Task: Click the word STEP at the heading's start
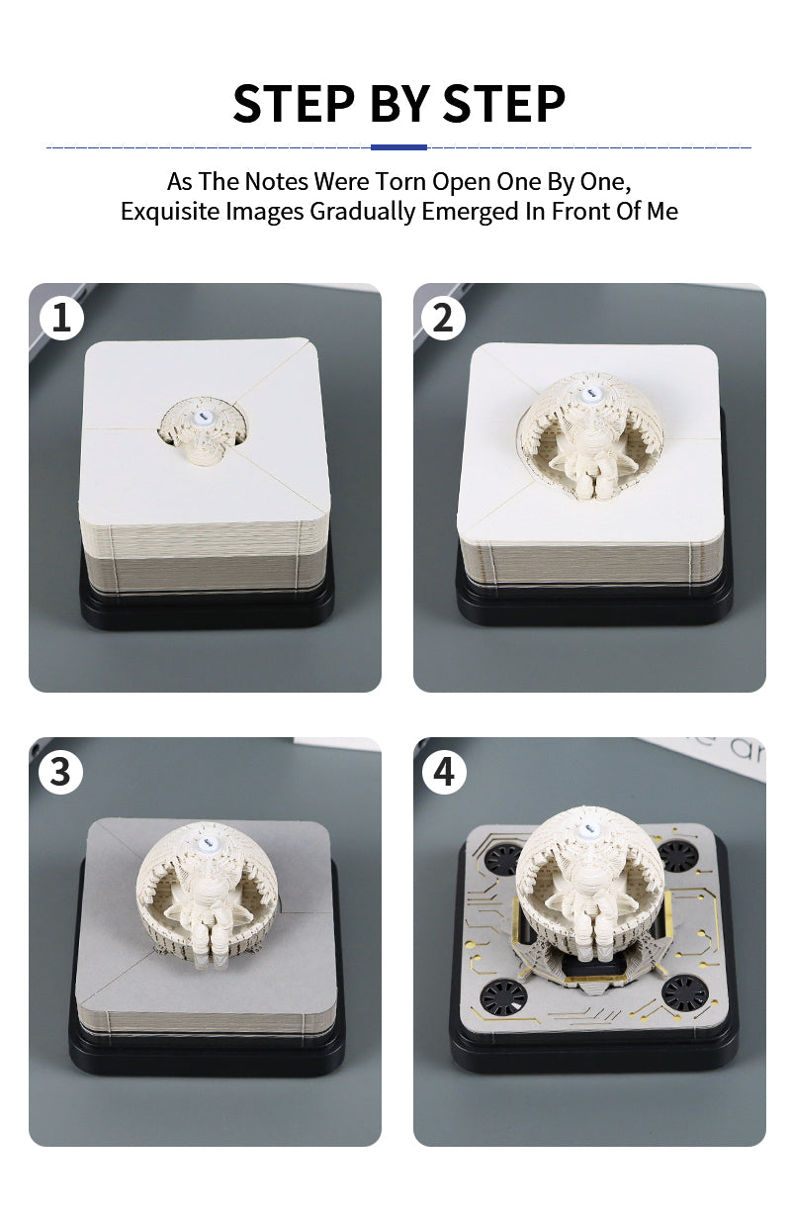coord(294,103)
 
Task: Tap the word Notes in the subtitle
coord(276,181)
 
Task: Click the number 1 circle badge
coord(61,318)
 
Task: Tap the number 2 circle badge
coord(443,318)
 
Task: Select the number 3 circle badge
coord(60,772)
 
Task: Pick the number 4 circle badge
coord(444,772)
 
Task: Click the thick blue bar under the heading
coord(398,147)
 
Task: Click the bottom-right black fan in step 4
coord(685,993)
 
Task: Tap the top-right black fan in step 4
coord(677,855)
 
